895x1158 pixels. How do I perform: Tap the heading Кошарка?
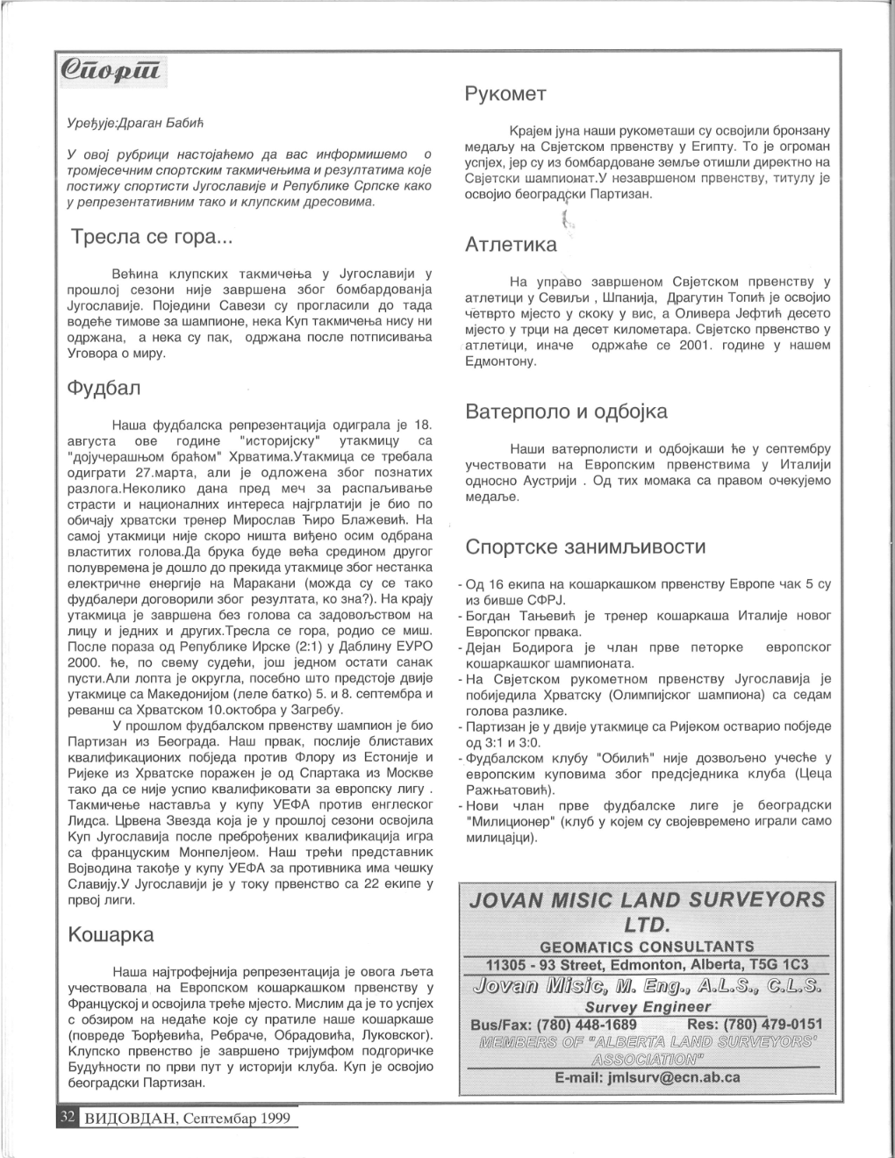point(111,934)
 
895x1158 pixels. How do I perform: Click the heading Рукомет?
point(506,94)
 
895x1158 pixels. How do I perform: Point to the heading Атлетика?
point(511,245)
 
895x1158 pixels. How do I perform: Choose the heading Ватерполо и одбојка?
point(566,411)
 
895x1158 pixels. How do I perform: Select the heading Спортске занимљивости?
point(585,547)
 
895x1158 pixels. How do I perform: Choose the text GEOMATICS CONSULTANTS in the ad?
point(647,947)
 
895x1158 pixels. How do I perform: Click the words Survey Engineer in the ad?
point(648,1007)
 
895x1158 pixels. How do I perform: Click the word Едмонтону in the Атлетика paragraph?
point(500,361)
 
